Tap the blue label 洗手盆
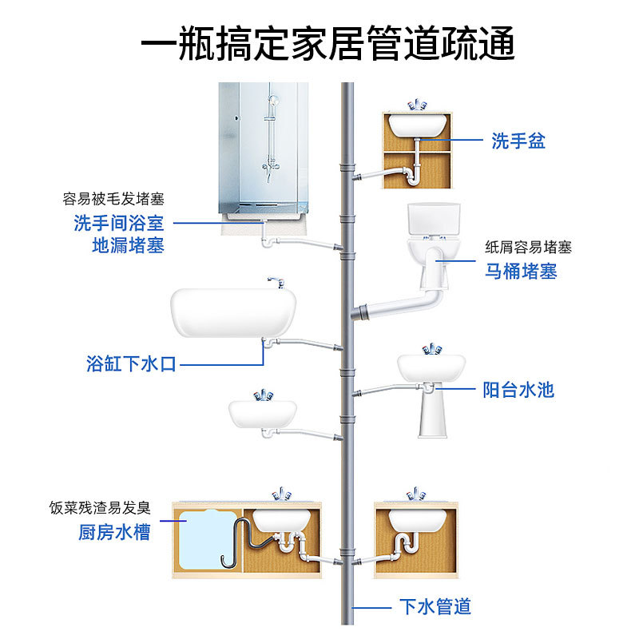click(518, 142)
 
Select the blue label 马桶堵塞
click(521, 271)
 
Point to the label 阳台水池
click(518, 390)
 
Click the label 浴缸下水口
click(131, 364)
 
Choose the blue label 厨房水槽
click(114, 532)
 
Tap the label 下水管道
click(435, 606)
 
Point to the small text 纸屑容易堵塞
click(529, 248)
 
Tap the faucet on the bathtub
click(276, 282)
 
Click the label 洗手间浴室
click(119, 223)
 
